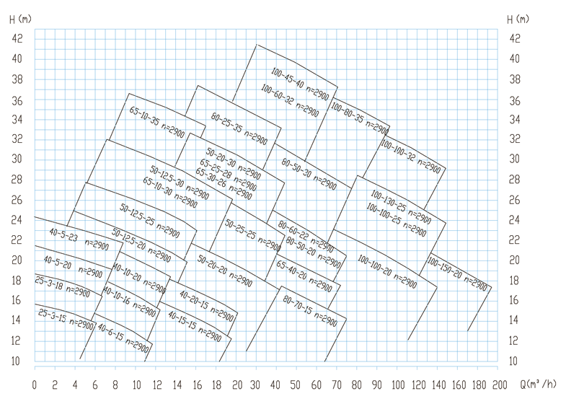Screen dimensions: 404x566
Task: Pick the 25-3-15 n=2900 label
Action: pyautogui.click(x=66, y=319)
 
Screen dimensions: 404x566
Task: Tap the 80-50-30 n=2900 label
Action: pyautogui.click(x=307, y=174)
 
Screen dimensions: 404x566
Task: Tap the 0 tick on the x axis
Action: pyautogui.click(x=35, y=382)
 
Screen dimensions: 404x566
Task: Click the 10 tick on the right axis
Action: pyautogui.click(x=515, y=361)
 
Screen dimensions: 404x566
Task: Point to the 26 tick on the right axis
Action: pyautogui.click(x=515, y=200)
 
